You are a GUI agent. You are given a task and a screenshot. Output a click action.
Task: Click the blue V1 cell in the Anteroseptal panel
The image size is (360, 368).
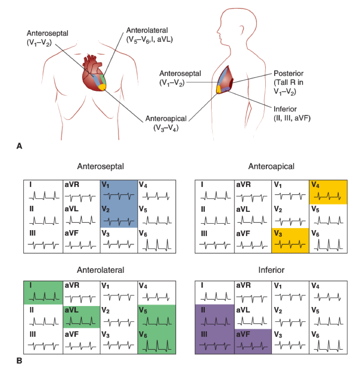coord(119,192)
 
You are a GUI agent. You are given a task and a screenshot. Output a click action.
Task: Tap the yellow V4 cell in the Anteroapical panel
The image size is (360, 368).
coord(328,192)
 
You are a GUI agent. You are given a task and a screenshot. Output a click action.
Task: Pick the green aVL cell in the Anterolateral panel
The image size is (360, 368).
coord(81,316)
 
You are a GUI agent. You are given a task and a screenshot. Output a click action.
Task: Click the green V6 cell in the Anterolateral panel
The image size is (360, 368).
coord(156,340)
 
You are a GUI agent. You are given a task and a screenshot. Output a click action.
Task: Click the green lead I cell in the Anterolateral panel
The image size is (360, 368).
coord(43,292)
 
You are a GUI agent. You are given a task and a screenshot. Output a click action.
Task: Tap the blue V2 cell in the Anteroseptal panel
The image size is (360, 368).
coord(119,216)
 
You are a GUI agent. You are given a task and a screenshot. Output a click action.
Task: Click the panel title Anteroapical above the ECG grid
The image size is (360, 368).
coord(271,166)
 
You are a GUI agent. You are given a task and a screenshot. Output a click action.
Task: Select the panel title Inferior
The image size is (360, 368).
coord(271,270)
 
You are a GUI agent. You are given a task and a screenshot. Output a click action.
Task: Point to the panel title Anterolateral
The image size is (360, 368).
coord(100,270)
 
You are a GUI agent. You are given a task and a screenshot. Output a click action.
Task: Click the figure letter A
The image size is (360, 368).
coord(19,146)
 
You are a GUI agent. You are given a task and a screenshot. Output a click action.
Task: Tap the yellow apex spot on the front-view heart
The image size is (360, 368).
coord(102,87)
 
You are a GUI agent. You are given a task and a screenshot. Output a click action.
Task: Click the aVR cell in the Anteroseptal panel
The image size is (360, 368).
coord(81,192)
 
